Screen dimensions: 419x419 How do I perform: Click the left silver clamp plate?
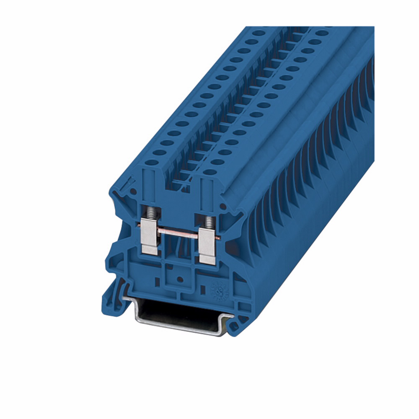coord(149,237)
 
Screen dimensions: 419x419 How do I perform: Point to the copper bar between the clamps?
coord(177,233)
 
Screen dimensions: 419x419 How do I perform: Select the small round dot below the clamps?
coord(179,279)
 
